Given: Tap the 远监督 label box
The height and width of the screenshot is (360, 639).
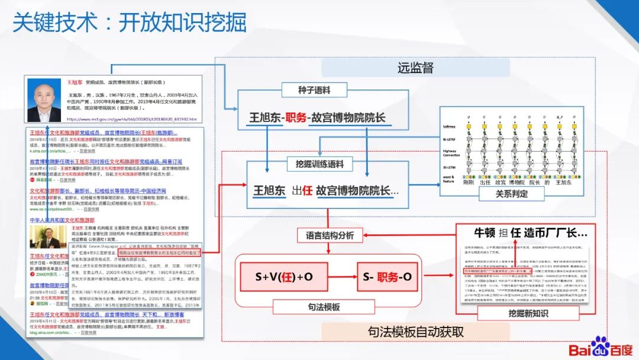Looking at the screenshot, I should click(x=415, y=67).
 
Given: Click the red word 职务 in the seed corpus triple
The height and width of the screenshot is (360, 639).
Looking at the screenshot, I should click(x=296, y=117).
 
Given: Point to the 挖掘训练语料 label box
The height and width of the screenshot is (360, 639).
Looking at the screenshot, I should click(x=319, y=163).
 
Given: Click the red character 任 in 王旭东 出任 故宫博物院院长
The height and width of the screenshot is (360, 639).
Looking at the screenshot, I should click(x=307, y=191).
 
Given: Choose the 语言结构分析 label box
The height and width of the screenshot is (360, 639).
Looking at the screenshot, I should click(x=330, y=235).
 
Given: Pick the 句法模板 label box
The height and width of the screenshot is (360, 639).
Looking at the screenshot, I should click(x=324, y=308).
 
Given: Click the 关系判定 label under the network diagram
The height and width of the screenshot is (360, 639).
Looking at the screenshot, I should click(x=511, y=193).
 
